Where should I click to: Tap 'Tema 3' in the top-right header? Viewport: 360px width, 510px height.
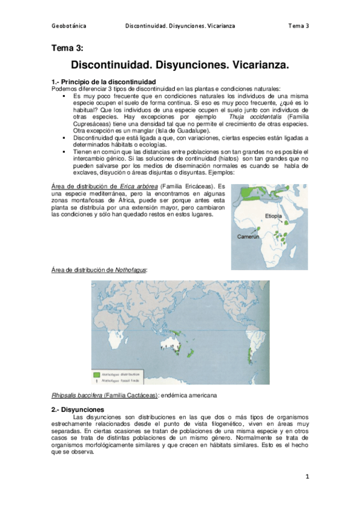pyautogui.click(x=298, y=26)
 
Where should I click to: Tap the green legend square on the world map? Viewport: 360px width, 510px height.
pyautogui.click(x=97, y=373)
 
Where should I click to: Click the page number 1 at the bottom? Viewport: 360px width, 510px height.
pyautogui.click(x=307, y=477)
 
